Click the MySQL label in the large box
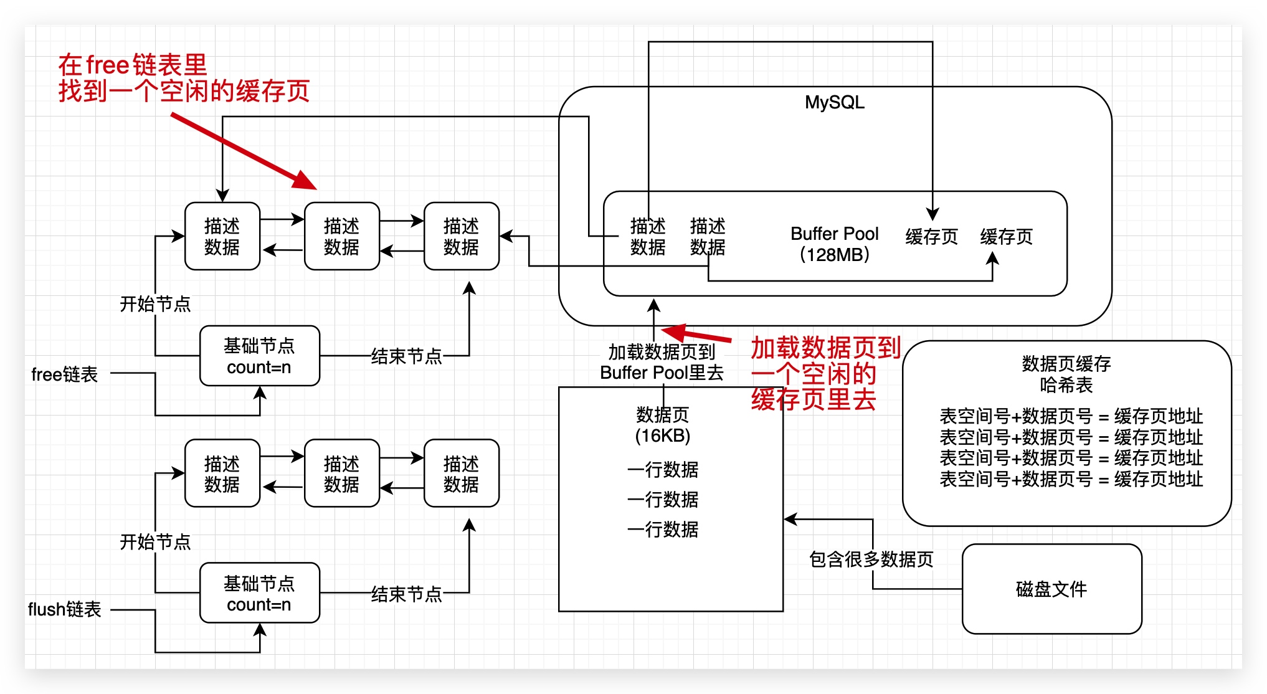[834, 103]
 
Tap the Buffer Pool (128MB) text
[834, 244]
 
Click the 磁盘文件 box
[1051, 589]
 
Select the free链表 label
[65, 374]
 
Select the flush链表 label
[65, 609]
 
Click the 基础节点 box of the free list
[259, 356]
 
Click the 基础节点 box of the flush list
[259, 593]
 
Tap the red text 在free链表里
[133, 65]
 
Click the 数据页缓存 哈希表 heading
[1066, 374]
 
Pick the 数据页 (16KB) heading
[662, 424]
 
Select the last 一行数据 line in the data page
[663, 530]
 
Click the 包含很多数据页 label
[871, 559]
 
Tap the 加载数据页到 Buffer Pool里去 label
[662, 362]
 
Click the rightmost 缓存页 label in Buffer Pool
[1006, 237]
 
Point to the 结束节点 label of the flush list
[406, 594]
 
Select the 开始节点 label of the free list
[155, 304]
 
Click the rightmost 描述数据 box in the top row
[461, 236]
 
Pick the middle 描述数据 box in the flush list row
[341, 473]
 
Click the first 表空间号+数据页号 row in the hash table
[1070, 416]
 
